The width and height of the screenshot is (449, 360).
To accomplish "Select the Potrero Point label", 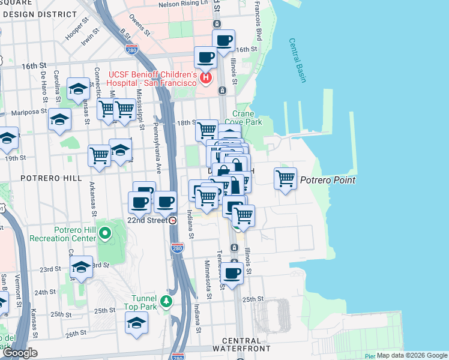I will tap(328, 180).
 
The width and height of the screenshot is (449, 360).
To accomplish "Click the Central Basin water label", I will tap(298, 61).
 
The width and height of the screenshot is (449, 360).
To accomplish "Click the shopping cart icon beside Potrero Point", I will tap(285, 178).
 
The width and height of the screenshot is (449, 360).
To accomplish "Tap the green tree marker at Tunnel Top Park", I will tap(166, 300).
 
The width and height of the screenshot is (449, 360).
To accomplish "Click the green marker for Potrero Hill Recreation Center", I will tap(106, 233).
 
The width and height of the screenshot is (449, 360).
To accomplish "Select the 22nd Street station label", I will tap(148, 220).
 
